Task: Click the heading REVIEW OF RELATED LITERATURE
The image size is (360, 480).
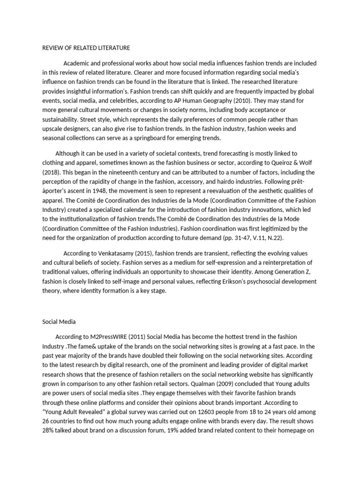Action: tap(86, 48)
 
